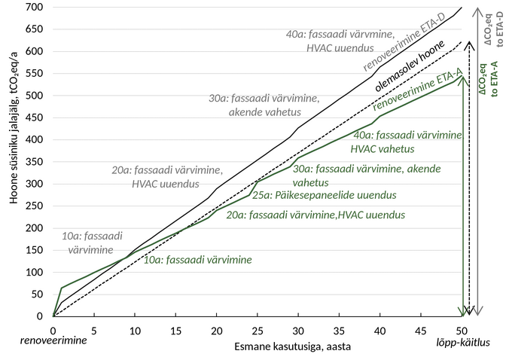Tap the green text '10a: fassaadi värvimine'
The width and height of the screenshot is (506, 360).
(x=197, y=259)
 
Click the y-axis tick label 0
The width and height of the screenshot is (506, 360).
(x=38, y=316)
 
